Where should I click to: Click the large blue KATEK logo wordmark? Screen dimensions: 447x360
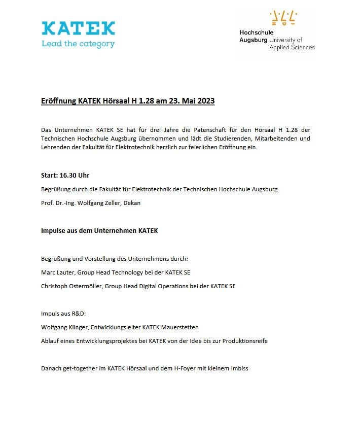[x=79, y=28]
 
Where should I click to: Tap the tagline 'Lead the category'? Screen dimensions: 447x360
[x=78, y=44]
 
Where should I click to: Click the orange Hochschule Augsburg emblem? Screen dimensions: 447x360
[x=283, y=18]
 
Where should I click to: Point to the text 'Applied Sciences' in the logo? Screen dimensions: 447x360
[x=292, y=47]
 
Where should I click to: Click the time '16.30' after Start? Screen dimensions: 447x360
[x=67, y=176]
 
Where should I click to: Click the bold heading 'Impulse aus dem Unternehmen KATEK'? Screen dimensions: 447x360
[x=99, y=231]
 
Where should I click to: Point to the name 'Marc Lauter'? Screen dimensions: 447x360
[x=56, y=272]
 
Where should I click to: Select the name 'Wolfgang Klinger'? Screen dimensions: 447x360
[x=64, y=327]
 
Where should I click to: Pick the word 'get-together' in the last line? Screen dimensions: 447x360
[x=79, y=368]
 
